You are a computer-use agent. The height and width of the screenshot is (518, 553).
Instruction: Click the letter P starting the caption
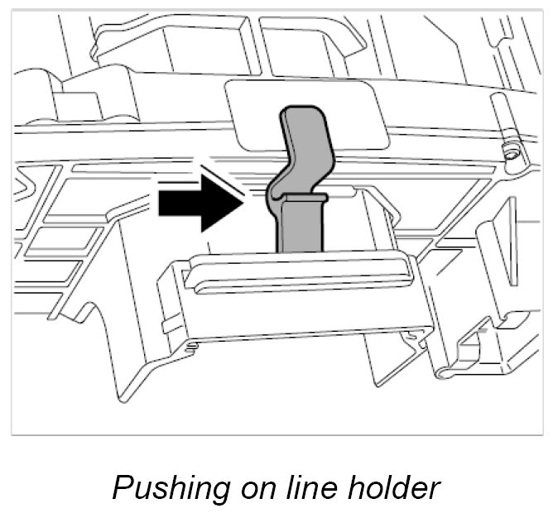pyautogui.click(x=122, y=488)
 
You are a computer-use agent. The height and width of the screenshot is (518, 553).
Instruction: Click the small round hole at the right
pyautogui.click(x=510, y=152)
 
